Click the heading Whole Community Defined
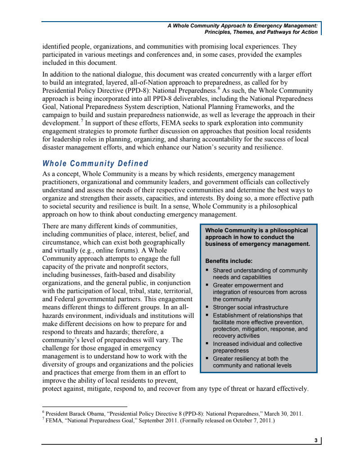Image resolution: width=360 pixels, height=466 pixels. tap(95, 163)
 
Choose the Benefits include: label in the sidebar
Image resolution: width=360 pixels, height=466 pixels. tap(229, 261)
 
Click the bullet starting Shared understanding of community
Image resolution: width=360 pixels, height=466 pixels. tap(260, 274)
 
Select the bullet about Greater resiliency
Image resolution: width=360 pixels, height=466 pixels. tap(252, 362)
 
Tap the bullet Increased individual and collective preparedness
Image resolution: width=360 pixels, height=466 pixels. tap(257, 347)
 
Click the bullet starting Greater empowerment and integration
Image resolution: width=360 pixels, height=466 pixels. tap(259, 292)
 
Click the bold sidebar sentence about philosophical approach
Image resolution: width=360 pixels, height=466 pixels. tap(257, 237)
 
